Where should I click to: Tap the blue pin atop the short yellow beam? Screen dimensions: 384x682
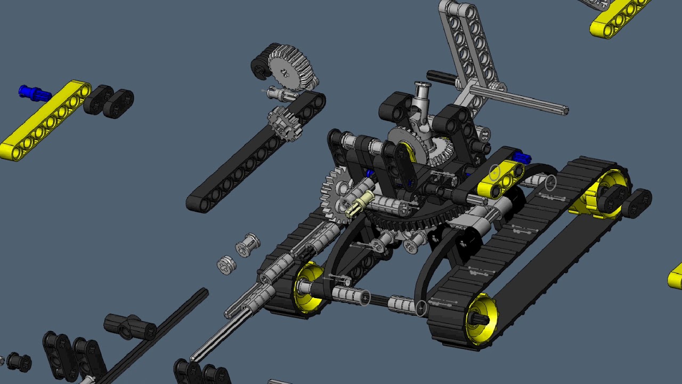click(522, 158)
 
